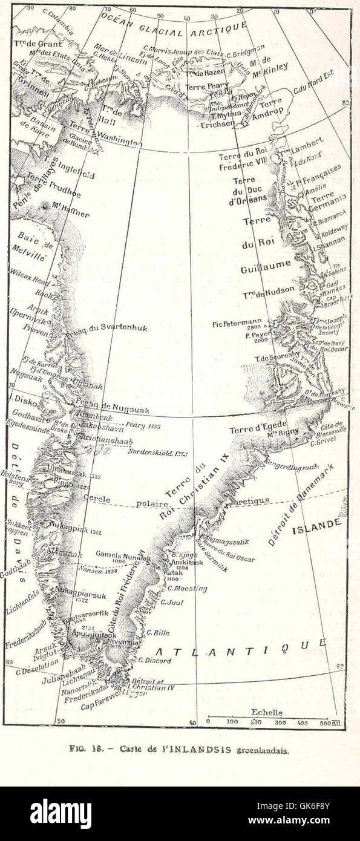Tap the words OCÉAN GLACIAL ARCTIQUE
[175, 25]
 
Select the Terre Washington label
[105, 134]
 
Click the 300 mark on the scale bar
[280, 722]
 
